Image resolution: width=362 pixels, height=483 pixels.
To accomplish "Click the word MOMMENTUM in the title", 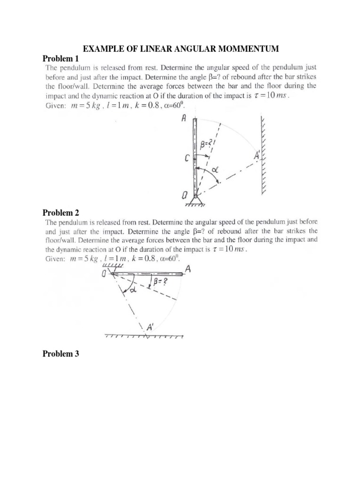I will (x=248, y=49).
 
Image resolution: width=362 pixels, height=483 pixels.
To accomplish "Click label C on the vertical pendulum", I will (x=187, y=160).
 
